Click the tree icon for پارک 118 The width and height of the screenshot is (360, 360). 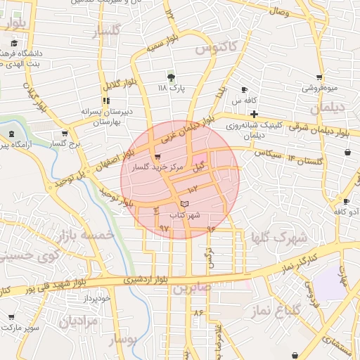coord(171,77)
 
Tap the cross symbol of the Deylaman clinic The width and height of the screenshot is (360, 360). coord(254,114)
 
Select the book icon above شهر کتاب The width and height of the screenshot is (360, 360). coord(184,203)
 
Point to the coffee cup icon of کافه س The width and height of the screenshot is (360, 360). coord(245,90)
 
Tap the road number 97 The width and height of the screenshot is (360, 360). coord(165,228)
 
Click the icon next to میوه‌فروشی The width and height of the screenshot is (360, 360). coord(319,77)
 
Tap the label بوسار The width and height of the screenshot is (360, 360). coord(126,340)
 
